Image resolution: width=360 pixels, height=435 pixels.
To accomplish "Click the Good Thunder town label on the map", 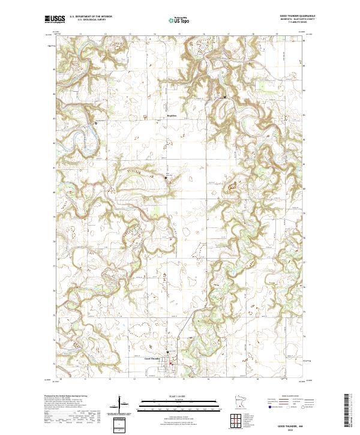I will (152, 359).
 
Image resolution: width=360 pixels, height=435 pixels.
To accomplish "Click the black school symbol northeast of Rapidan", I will (225, 97).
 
